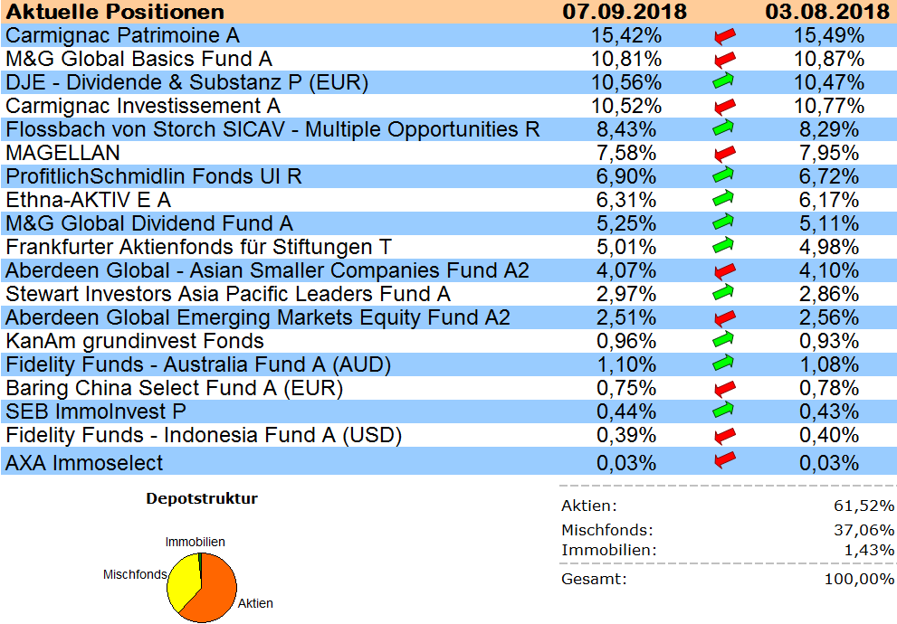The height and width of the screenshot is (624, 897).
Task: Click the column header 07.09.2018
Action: pos(624,12)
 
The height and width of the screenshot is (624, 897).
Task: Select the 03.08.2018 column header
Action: pos(825,12)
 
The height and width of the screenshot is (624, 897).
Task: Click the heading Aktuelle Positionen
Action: pos(115,12)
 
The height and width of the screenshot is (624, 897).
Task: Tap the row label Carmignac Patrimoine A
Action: pos(122,35)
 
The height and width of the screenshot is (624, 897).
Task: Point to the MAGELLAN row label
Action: pos(62,153)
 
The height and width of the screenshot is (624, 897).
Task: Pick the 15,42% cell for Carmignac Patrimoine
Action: pos(624,35)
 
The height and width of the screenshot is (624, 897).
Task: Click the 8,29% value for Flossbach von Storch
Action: pos(825,129)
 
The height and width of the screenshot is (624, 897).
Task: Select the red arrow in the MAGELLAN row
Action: pos(724,153)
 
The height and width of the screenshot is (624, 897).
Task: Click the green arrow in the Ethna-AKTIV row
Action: pos(724,200)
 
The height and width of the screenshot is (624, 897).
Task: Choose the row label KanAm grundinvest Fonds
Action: pos(135,341)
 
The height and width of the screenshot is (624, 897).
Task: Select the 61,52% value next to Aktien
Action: pos(864,506)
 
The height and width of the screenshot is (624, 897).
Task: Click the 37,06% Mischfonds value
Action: pos(864,530)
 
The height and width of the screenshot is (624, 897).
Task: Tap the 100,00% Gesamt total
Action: pos(859,579)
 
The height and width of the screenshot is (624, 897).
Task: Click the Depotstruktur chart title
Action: pos(202,498)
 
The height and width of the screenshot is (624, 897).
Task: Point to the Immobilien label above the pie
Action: pos(195,542)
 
